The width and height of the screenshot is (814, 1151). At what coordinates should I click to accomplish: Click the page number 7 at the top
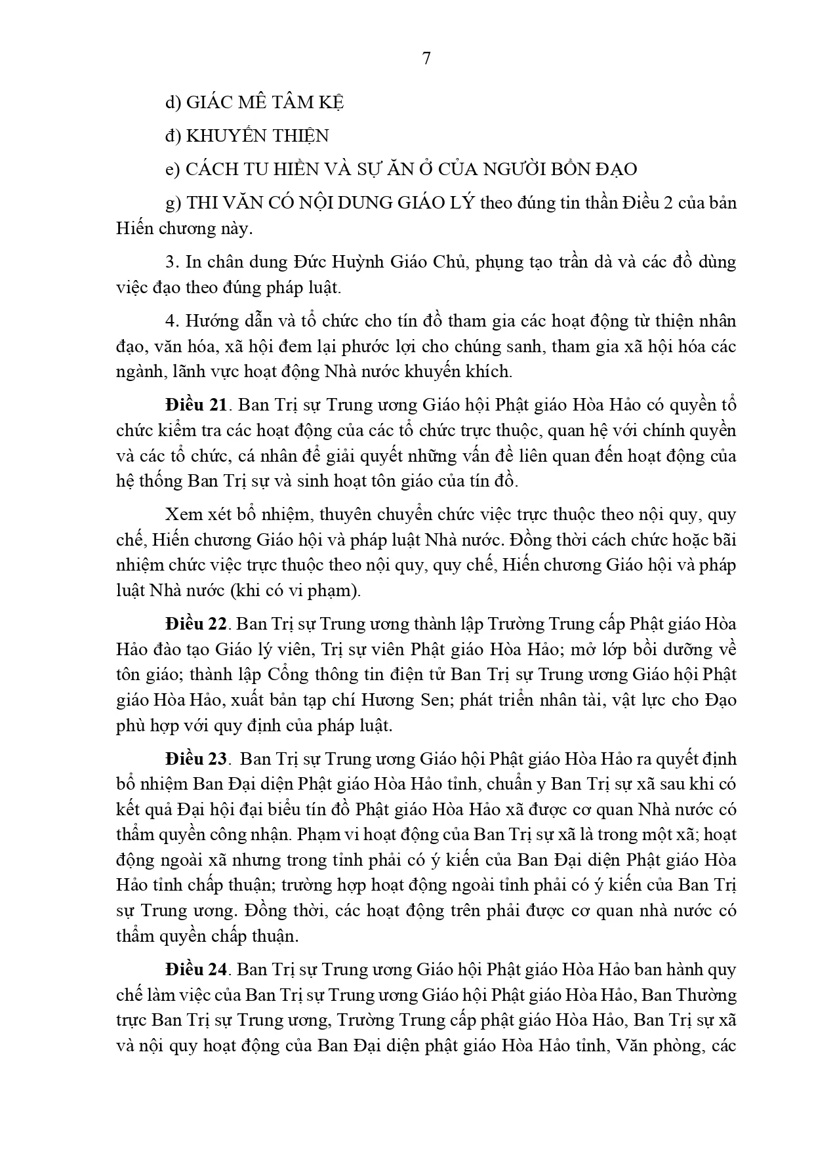pyautogui.click(x=426, y=58)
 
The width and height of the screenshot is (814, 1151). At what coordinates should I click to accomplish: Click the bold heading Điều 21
pyautogui.click(x=196, y=406)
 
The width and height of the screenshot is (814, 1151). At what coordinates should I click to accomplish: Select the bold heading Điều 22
pyautogui.click(x=196, y=624)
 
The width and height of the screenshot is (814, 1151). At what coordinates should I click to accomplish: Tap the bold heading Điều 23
pyautogui.click(x=196, y=759)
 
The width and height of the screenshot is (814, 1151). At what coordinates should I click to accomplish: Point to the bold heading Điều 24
pyautogui.click(x=196, y=969)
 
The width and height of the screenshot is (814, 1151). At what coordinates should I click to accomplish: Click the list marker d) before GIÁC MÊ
pyautogui.click(x=173, y=102)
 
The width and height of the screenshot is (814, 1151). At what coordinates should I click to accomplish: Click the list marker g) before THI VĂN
pyautogui.click(x=173, y=203)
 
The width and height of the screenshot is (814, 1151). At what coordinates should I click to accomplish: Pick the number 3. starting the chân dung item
pyautogui.click(x=172, y=262)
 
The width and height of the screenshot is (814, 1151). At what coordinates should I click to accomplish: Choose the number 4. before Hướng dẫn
pyautogui.click(x=172, y=321)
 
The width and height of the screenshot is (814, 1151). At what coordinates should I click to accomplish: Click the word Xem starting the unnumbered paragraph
pyautogui.click(x=180, y=515)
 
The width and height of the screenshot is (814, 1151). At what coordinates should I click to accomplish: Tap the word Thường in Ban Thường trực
pyautogui.click(x=704, y=995)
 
